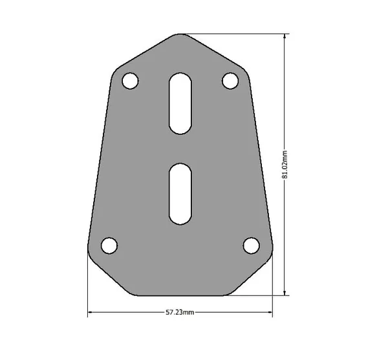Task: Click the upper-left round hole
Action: click(131, 81)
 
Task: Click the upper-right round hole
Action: click(230, 81)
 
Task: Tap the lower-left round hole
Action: click(109, 246)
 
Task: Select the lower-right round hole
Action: click(252, 246)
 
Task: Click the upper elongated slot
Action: click(180, 103)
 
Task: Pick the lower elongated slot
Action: click(180, 194)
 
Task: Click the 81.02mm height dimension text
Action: click(285, 164)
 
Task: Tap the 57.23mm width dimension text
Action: click(180, 312)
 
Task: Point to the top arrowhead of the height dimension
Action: click(285, 36)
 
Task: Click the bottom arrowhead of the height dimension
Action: click(285, 293)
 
